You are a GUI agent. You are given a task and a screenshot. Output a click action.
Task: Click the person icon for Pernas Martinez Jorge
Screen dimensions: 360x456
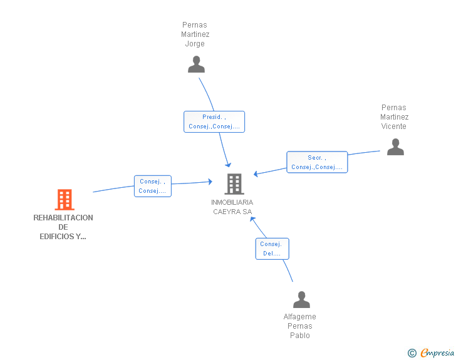pos(196,64)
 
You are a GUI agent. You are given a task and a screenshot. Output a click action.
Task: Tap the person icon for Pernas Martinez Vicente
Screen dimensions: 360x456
pos(395,147)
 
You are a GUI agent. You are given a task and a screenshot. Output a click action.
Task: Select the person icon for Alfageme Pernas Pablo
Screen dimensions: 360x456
pos(301,300)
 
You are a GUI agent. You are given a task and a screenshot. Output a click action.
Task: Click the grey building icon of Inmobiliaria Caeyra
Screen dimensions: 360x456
pos(234,183)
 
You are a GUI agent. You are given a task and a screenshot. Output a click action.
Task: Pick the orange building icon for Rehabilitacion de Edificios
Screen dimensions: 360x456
pos(64,200)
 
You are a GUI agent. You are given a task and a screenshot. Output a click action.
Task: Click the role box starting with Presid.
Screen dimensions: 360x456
pos(214,121)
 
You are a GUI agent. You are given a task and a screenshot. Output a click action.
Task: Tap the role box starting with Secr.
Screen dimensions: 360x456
pos(316,162)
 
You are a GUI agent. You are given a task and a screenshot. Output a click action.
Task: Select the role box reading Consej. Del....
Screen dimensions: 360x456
pos(272,249)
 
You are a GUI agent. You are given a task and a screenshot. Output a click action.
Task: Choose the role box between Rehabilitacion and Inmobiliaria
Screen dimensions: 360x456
pos(152,186)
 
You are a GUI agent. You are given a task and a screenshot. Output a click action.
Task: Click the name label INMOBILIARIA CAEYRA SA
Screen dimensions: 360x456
pos(232,207)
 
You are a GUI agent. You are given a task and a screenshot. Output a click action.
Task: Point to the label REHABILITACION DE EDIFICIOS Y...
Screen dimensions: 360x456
pos(63,227)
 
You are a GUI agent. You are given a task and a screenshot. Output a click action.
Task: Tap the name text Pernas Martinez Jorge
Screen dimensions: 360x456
pos(195,34)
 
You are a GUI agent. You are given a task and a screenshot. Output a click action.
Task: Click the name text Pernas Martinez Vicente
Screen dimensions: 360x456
pos(394,117)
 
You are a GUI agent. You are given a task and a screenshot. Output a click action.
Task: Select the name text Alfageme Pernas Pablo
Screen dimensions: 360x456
pos(300,326)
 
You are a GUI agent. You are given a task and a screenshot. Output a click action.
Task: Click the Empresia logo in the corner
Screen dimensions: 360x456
pos(437,352)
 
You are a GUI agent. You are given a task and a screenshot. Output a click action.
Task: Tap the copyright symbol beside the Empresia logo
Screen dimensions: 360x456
pos(412,353)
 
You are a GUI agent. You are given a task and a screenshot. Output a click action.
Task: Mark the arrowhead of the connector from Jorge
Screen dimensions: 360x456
pos(228,164)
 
